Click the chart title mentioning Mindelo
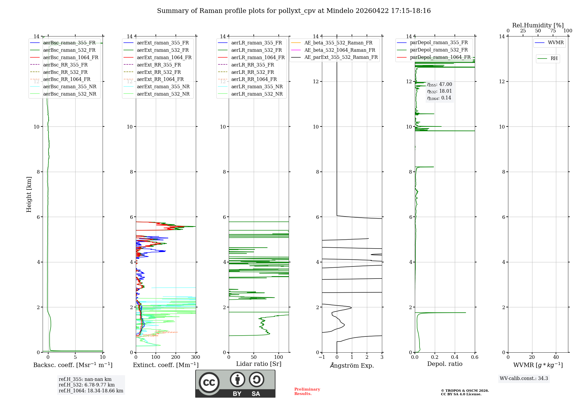[x=294, y=11]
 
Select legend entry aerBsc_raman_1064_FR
[x=71, y=57]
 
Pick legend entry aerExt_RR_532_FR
[x=159, y=72]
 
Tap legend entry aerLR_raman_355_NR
[x=257, y=86]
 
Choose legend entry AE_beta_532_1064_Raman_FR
[x=340, y=50]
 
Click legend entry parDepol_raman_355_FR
[x=439, y=43]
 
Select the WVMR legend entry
[x=556, y=43]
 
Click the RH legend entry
[x=554, y=59]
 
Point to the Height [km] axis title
[x=29, y=194]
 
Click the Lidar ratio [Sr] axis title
[x=259, y=364]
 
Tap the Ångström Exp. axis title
[x=352, y=365]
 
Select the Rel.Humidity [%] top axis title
[x=538, y=25]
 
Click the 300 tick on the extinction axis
[x=196, y=357]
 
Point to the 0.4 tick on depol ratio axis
[x=455, y=357]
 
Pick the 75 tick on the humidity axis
[x=553, y=31]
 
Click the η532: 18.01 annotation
[x=440, y=91]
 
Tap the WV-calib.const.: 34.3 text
[x=524, y=378]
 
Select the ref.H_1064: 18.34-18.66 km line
[x=91, y=391]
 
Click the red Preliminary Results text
[x=307, y=391]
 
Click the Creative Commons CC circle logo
[x=209, y=383]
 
